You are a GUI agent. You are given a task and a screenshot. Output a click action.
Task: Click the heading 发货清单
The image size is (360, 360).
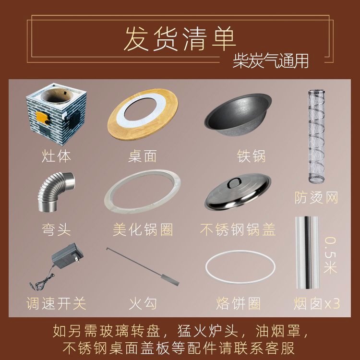tap(180, 38)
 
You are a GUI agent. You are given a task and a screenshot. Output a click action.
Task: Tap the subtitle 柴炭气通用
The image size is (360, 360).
tap(270, 61)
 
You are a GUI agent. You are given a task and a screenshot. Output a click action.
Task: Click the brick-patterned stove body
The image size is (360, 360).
tap(56, 114)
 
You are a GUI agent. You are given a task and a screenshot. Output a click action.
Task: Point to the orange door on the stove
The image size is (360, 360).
tap(43, 118)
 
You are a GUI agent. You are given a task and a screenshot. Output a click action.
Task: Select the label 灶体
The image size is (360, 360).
tap(56, 156)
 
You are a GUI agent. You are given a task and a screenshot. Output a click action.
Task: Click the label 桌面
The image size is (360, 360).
tap(143, 156)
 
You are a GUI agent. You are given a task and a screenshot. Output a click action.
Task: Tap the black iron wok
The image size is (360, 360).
tap(238, 114)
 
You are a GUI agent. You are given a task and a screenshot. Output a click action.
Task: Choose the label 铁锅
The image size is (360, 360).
tap(251, 156)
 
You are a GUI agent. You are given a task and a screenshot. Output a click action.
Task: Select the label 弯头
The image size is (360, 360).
tap(56, 229)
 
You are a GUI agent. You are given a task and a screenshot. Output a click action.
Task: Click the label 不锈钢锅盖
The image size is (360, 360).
tap(238, 229)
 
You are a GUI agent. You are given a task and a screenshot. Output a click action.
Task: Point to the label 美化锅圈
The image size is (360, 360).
tap(143, 229)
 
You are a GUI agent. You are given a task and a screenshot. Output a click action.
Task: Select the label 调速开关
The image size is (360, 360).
tap(56, 303)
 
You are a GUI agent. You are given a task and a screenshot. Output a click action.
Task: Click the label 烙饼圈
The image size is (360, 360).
tap(238, 303)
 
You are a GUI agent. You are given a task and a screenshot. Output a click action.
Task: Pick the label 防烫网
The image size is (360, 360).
tap(316, 198)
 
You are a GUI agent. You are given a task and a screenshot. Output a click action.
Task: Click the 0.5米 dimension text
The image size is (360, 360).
tap(330, 255)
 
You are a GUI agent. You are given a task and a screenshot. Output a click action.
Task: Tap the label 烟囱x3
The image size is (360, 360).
tap(317, 303)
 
